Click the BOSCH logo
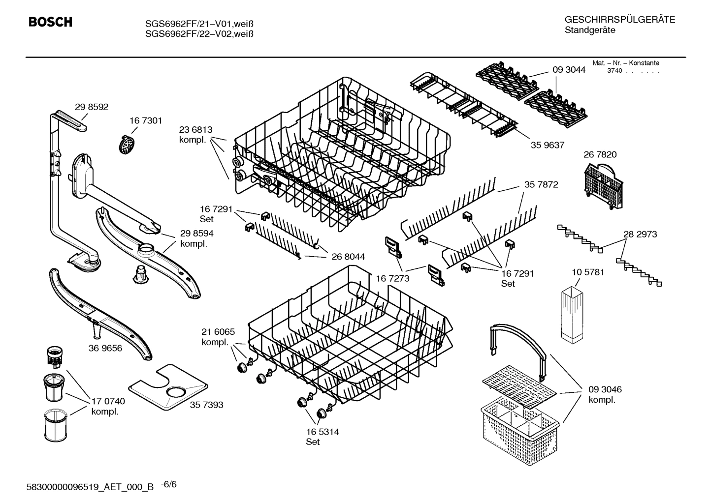(50, 23)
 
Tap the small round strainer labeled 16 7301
(127, 145)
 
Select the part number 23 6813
(195, 130)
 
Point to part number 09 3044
(569, 70)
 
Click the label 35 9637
(548, 145)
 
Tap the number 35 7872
(541, 184)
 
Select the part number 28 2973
(640, 235)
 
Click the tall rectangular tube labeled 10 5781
(571, 313)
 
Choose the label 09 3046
(605, 389)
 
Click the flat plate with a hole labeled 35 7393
(167, 388)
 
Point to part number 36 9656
(105, 348)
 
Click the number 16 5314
(323, 432)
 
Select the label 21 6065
(218, 332)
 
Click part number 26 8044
(348, 257)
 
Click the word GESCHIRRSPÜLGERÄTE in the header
(619, 20)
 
